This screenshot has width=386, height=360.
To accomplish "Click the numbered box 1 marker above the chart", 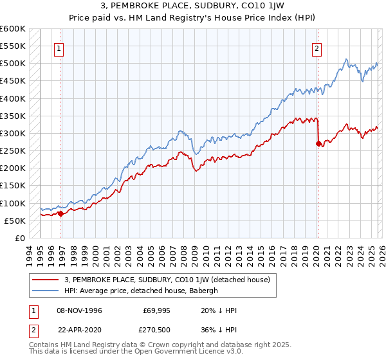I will [x=59, y=47].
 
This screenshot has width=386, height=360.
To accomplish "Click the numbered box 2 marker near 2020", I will [x=317, y=47].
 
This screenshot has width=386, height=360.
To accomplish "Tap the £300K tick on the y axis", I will [x=13, y=134].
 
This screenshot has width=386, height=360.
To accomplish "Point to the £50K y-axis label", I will [x=15, y=221].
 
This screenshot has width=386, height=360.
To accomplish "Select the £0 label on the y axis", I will [x=21, y=238].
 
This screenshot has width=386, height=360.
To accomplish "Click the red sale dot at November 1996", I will [x=61, y=213].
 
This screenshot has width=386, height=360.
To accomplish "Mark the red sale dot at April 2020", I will [x=318, y=143].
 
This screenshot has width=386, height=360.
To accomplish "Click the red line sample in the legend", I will [x=46, y=280].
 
